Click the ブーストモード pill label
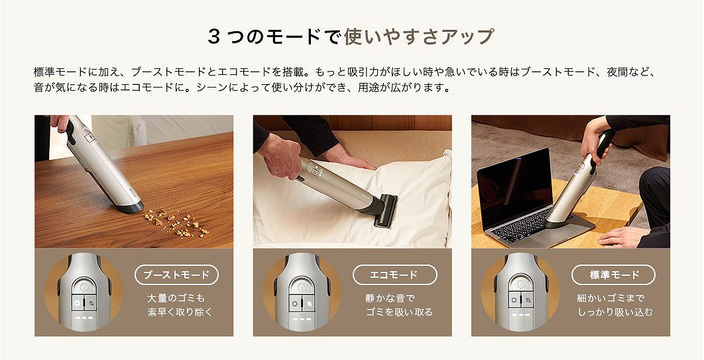point(176,274)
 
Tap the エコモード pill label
point(394,274)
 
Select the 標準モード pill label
point(613,274)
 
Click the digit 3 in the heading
point(213,36)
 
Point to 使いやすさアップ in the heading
point(419,36)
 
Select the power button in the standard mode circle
point(520,288)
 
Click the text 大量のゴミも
point(176,298)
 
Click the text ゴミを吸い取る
point(398,312)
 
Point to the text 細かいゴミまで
point(611,298)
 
